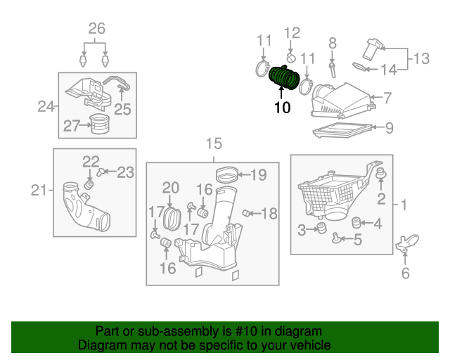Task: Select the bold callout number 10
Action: [x=282, y=108]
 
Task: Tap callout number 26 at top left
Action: [x=96, y=29]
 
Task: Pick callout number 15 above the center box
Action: [x=214, y=144]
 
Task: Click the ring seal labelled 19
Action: [x=225, y=173]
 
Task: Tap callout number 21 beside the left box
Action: [x=39, y=190]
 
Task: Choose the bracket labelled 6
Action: [x=405, y=245]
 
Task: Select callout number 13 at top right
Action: [x=420, y=58]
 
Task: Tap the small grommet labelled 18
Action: [x=247, y=213]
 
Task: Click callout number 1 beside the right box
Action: [x=404, y=205]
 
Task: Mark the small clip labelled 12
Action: [x=290, y=55]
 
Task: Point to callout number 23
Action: [x=124, y=171]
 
